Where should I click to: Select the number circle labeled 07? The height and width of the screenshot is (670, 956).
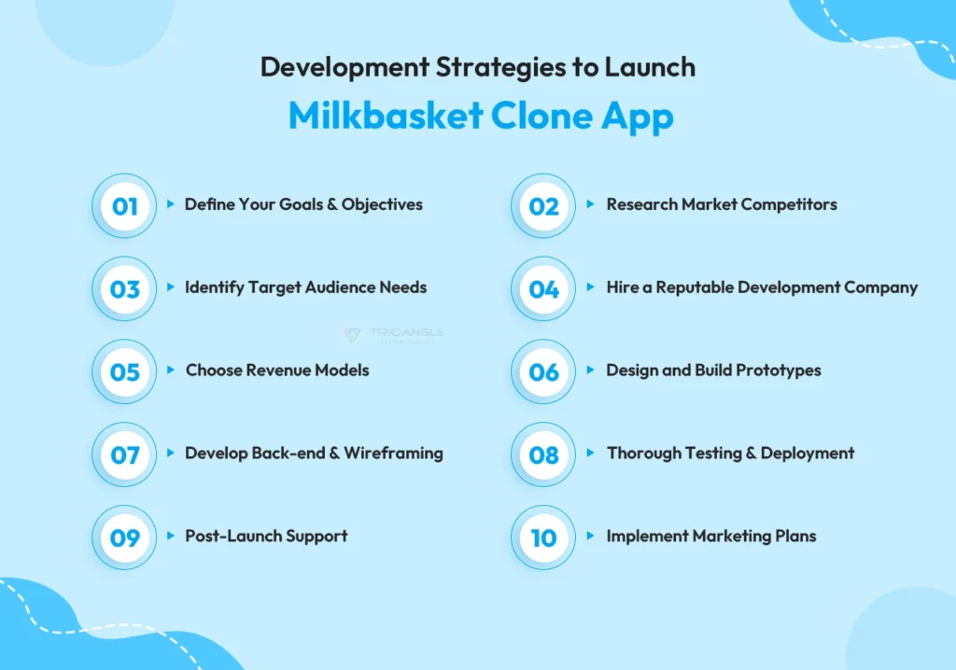click(x=124, y=455)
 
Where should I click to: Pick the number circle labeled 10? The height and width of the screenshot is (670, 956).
click(x=543, y=538)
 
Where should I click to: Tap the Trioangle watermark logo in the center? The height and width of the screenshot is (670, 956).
click(x=393, y=335)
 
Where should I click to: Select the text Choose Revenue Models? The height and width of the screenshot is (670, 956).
click(x=277, y=370)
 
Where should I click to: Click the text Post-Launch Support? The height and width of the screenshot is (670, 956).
click(x=266, y=537)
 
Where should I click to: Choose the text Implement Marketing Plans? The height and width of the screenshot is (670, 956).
click(x=711, y=537)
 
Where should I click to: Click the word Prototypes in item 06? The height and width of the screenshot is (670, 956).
click(x=779, y=370)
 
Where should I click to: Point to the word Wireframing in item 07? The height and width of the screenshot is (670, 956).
click(x=393, y=454)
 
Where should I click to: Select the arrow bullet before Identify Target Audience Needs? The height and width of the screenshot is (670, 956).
click(x=171, y=287)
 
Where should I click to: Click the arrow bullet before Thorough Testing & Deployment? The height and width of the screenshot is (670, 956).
click(x=591, y=454)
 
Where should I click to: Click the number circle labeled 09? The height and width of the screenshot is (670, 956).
click(x=124, y=538)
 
